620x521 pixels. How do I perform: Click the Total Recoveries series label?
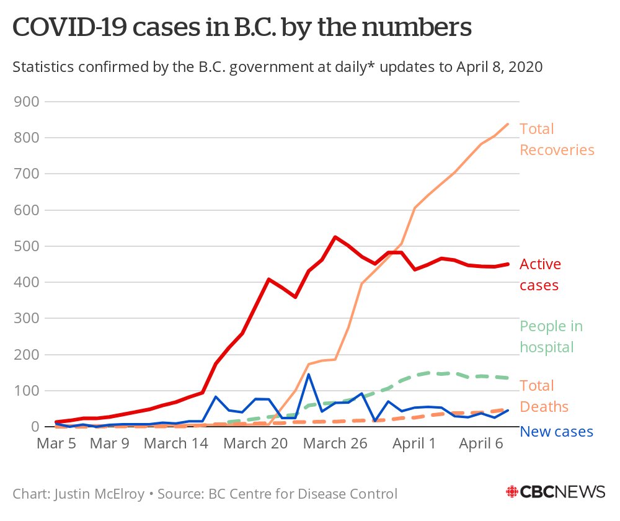[x=556, y=140]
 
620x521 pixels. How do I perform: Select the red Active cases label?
[x=539, y=275]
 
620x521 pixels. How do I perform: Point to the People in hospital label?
[x=551, y=337]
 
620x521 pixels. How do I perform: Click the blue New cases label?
[x=556, y=432]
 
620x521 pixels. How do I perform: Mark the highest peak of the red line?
[x=335, y=237]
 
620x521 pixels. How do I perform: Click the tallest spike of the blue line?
[x=309, y=374]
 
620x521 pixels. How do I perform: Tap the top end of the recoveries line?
[x=508, y=124]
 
